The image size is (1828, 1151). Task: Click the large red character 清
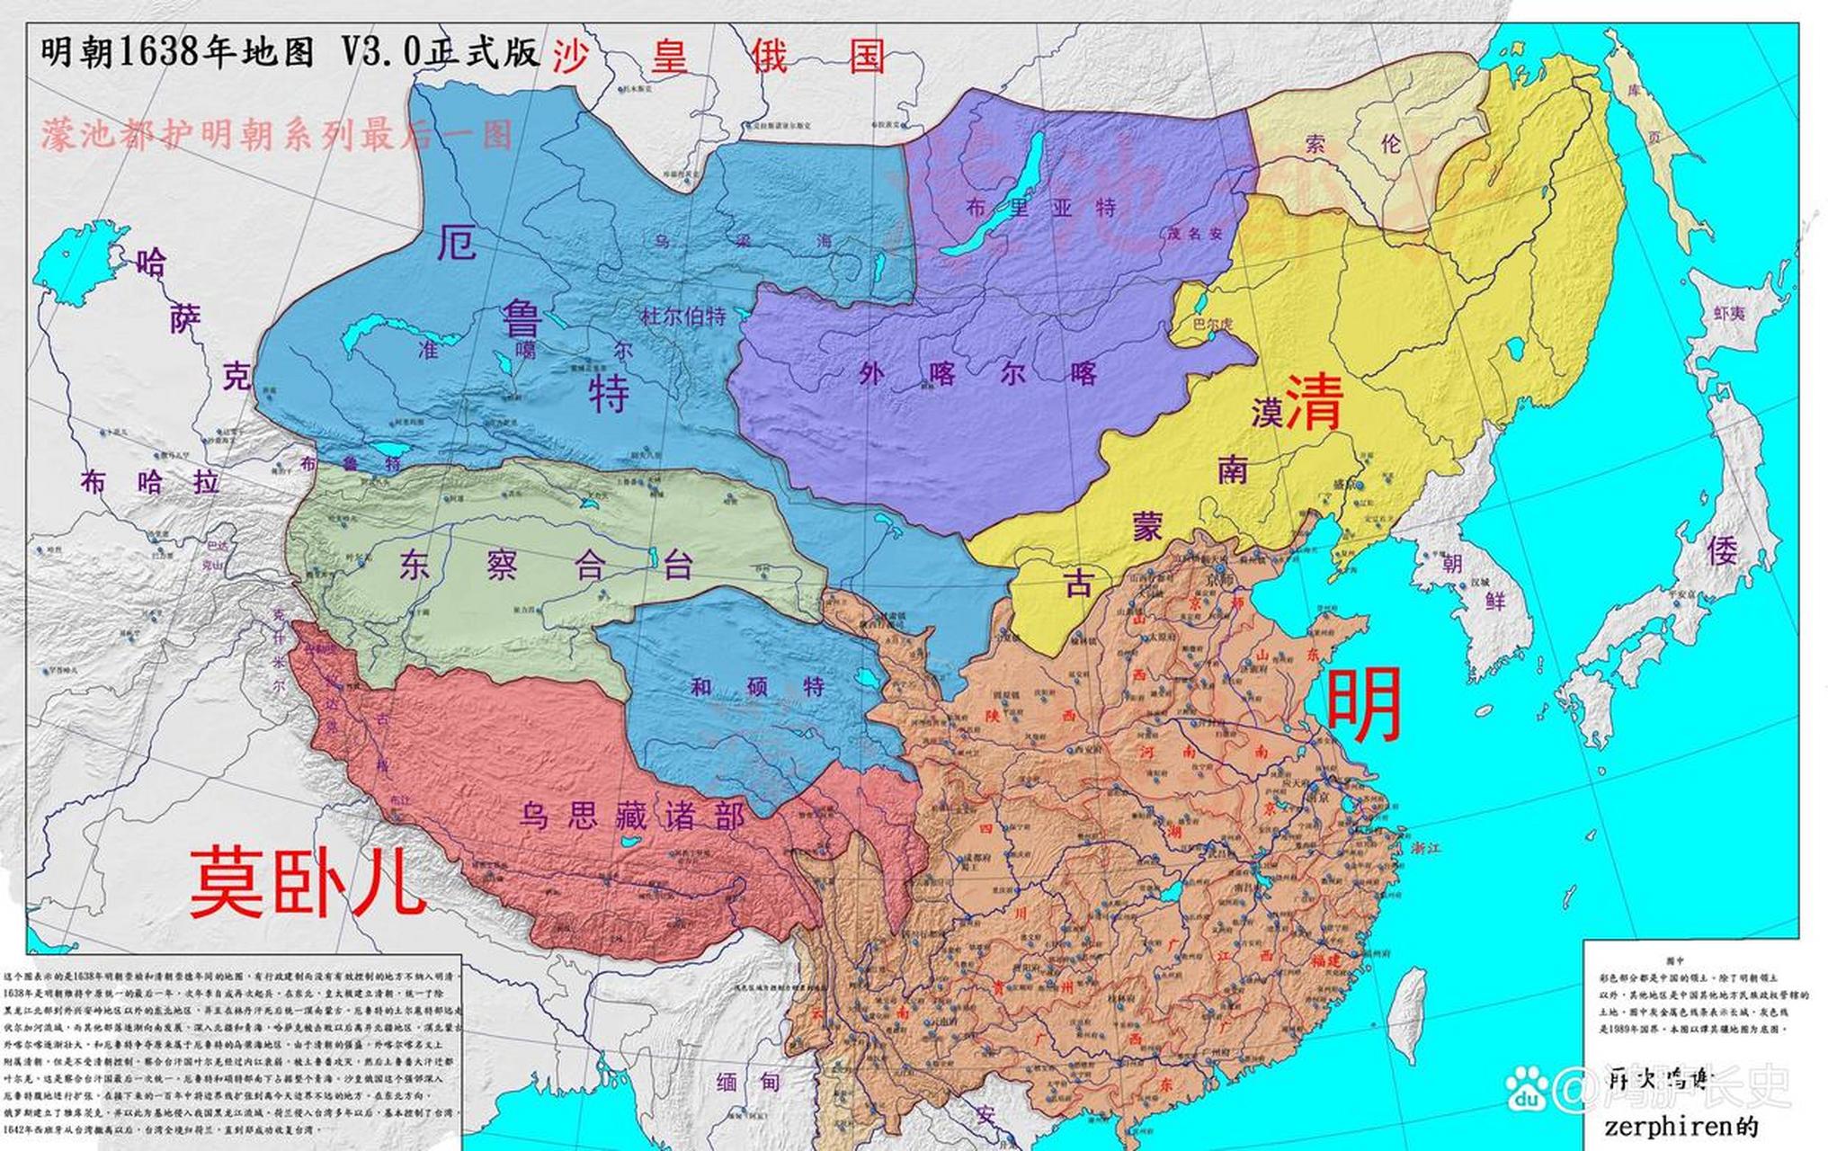coord(1315,402)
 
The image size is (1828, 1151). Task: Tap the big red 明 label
coord(1364,703)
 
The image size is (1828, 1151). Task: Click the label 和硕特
coord(757,688)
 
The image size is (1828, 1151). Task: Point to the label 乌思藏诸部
coord(631,816)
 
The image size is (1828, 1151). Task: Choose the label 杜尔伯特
coord(682,317)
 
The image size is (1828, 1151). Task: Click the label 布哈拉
coord(149,483)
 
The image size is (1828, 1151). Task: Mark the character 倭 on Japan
coord(1722,550)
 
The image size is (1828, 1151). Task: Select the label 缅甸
coord(747,1082)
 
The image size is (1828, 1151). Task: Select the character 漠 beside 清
coord(1266,412)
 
